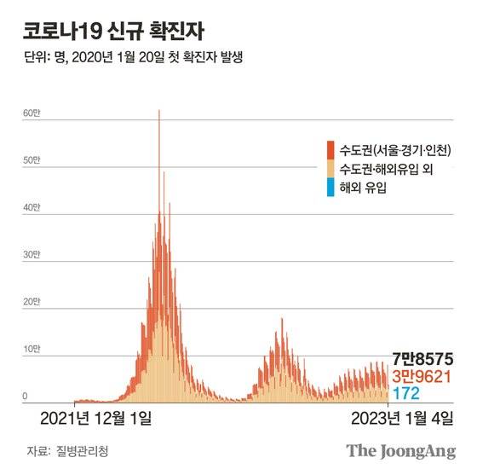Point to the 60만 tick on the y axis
[31, 113]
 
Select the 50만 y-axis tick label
[31, 160]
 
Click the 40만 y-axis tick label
[31, 207]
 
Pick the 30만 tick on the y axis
[31, 255]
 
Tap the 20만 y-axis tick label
[31, 302]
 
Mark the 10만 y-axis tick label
[31, 350]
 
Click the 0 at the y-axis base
[26, 397]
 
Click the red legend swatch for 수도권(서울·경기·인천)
[330, 149]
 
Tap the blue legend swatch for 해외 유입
[330, 187]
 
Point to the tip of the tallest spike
[158, 111]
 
